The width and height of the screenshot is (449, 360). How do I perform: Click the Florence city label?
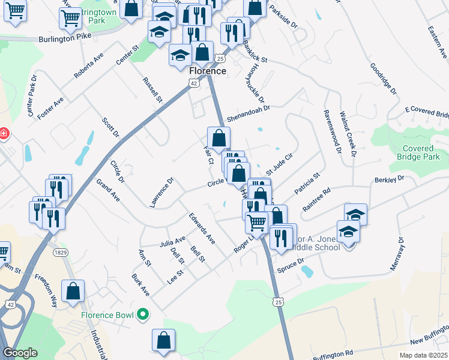click(x=208, y=71)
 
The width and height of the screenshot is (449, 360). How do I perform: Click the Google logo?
click(x=20, y=353)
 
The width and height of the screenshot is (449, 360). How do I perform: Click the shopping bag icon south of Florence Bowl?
click(x=163, y=340)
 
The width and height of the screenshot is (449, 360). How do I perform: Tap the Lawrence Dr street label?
click(x=161, y=192)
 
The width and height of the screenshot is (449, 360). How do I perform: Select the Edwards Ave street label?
click(x=202, y=228)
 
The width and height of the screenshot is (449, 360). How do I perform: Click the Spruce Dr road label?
click(x=291, y=265)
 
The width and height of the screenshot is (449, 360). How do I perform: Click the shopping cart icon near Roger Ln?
click(x=257, y=222)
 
